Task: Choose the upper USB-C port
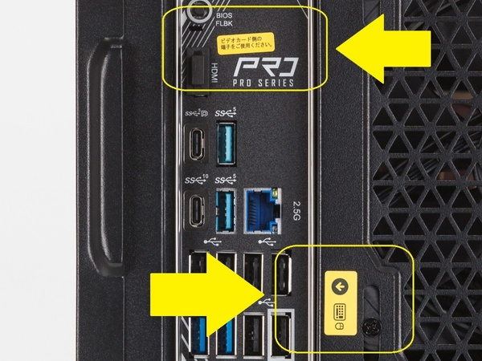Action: (196, 141)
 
